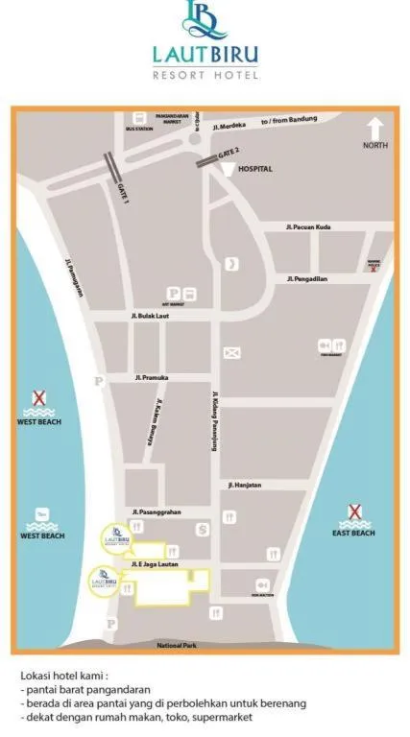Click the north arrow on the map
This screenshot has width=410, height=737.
374,128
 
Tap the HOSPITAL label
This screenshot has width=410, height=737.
254,169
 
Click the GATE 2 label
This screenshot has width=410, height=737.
229,152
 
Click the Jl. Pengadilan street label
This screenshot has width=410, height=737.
307,278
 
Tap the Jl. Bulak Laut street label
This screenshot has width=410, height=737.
150,315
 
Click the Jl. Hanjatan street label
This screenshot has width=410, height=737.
245,486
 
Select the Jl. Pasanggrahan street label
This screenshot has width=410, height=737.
157,511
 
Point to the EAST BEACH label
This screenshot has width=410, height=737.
353,534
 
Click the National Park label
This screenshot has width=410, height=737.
177,646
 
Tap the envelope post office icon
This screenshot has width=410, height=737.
231,352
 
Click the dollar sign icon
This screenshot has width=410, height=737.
202,529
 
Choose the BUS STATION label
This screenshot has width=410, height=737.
139,128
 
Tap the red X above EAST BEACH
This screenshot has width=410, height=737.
353,512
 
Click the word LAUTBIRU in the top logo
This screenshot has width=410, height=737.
205,56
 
